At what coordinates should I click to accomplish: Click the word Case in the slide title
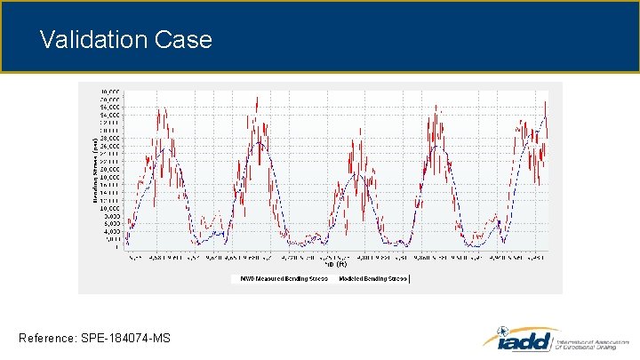(x=183, y=40)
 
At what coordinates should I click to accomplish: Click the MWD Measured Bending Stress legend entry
(x=281, y=278)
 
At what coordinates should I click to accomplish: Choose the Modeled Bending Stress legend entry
(x=372, y=278)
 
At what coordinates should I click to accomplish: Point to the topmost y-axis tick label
(x=110, y=92)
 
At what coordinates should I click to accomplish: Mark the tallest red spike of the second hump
(x=256, y=96)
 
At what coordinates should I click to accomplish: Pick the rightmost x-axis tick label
(x=536, y=258)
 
